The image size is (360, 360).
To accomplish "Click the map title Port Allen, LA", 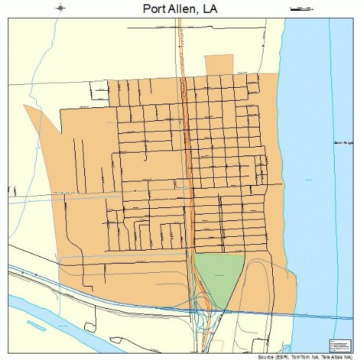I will click(x=179, y=9).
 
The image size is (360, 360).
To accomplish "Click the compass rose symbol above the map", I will click(x=60, y=9).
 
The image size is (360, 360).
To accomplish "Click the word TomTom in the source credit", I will click(x=302, y=356).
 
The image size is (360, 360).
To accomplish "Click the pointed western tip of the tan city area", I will click(x=25, y=107).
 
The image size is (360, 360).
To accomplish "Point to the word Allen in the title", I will click(x=189, y=9).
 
